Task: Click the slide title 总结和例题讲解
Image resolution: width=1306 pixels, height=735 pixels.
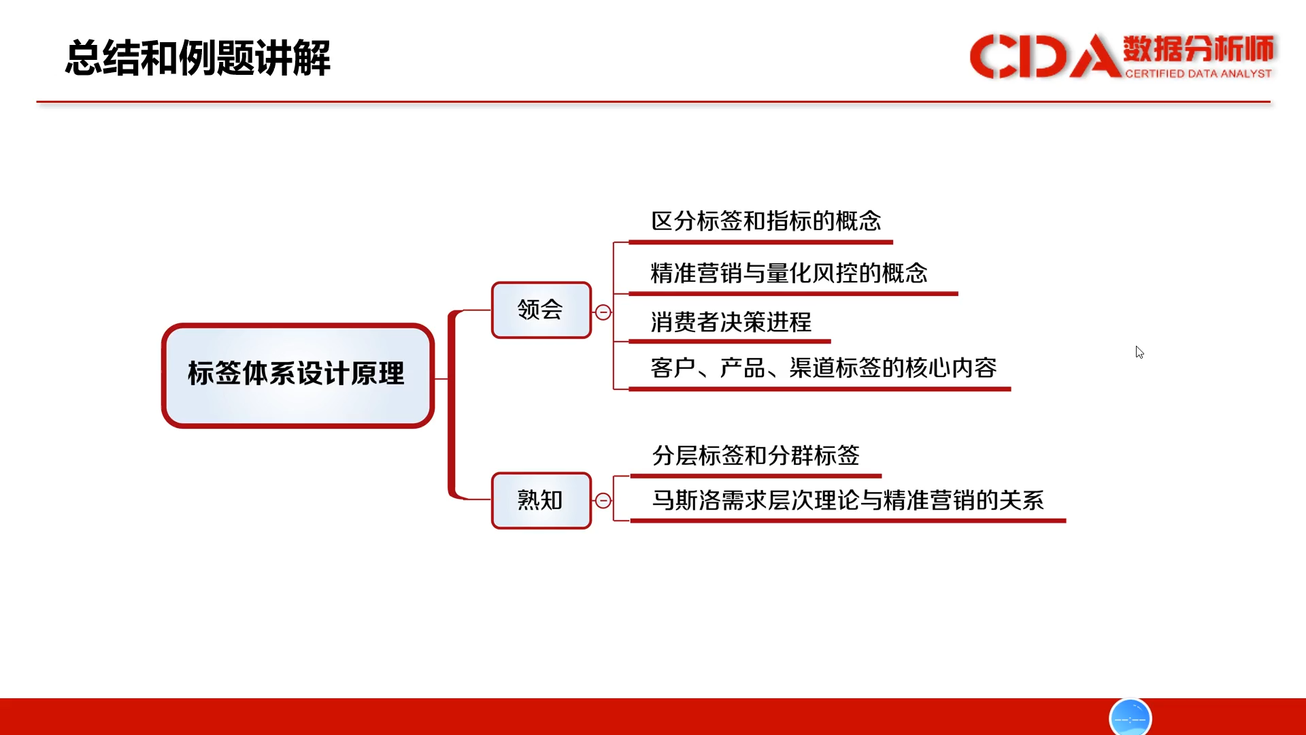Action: tap(198, 58)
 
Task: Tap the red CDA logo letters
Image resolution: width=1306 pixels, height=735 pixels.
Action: tap(1045, 56)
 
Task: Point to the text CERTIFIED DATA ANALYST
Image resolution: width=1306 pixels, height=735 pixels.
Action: tap(1199, 73)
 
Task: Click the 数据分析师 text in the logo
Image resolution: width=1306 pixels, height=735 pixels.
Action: tap(1199, 49)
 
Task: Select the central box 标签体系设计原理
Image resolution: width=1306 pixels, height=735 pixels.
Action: tap(298, 375)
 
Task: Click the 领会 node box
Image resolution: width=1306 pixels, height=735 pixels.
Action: tap(541, 310)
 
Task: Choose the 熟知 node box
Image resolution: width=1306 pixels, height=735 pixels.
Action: tap(541, 501)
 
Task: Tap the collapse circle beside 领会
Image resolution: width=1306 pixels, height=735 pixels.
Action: tap(603, 312)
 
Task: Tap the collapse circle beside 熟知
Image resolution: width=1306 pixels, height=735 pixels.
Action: tap(603, 501)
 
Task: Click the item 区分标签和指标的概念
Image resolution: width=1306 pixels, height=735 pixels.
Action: tap(766, 221)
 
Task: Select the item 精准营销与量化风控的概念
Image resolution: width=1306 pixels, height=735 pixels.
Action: tap(789, 273)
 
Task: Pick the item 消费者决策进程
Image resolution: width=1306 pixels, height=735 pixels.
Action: tap(731, 322)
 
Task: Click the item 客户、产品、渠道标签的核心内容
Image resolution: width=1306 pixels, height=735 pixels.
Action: tap(824, 367)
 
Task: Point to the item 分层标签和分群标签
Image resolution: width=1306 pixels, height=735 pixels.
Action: tap(756, 455)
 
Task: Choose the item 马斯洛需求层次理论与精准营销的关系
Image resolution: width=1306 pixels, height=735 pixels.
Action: tap(848, 500)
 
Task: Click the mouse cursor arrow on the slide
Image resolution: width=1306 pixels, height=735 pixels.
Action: tap(1139, 352)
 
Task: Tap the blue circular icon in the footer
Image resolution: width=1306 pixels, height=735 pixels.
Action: tap(1130, 717)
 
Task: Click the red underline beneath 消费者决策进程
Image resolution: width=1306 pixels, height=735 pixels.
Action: tap(730, 341)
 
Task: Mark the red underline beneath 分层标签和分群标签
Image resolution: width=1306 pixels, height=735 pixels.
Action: tap(756, 476)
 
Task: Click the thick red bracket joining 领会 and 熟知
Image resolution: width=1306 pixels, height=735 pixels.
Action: tap(451, 405)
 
